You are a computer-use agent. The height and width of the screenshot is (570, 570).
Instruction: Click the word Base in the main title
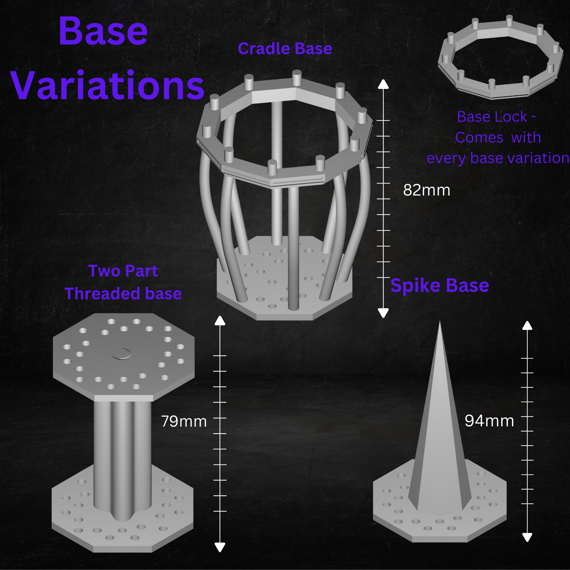point(103,31)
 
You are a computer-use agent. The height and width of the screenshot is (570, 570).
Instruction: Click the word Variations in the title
point(108,86)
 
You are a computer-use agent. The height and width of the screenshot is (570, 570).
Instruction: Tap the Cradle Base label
point(285,49)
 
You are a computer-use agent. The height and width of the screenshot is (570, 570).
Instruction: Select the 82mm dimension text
point(426,190)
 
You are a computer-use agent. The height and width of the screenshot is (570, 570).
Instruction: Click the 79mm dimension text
point(184,421)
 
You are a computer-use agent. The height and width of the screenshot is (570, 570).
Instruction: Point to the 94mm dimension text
point(489,421)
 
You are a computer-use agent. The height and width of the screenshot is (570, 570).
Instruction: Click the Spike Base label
point(439,286)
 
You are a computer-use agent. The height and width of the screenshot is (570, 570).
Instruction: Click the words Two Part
point(123,271)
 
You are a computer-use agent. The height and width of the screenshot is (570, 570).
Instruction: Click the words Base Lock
point(492,117)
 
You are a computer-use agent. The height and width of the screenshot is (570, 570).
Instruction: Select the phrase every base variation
point(498,158)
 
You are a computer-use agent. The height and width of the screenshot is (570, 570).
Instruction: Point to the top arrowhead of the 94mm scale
point(527,326)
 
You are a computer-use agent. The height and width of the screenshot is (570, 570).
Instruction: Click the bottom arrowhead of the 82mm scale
point(383,313)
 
